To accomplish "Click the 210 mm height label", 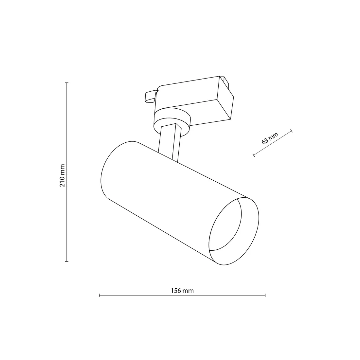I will [x=63, y=175].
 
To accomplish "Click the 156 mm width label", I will [x=182, y=291].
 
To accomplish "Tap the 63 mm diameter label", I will [x=270, y=139].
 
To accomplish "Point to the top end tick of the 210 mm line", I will [x=67, y=83].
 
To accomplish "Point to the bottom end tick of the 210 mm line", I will [x=67, y=261].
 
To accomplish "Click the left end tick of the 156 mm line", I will [x=99, y=296].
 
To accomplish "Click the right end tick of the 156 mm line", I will [x=265, y=296].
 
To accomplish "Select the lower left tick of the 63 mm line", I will [x=254, y=155].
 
